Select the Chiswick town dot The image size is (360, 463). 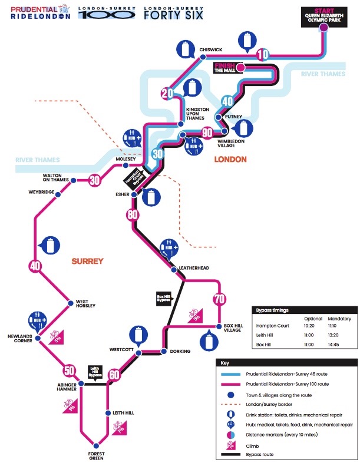[203, 57]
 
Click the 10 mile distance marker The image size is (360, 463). [263, 55]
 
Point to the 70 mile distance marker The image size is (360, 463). [219, 299]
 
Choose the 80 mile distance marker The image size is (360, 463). [131, 214]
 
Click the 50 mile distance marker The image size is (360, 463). [69, 371]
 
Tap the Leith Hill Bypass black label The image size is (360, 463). [95, 371]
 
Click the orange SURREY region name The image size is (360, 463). [87, 260]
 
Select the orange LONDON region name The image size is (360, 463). [230, 160]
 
